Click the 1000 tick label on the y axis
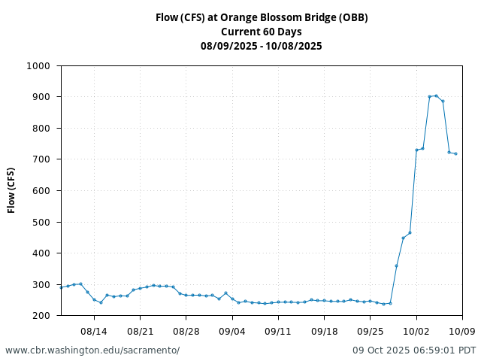(x=38, y=65)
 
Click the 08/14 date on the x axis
(x=94, y=331)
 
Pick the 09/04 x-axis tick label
(x=232, y=331)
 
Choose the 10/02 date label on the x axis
(x=416, y=331)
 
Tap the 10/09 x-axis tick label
(x=462, y=331)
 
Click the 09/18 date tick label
(x=324, y=331)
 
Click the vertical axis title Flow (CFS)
(x=12, y=190)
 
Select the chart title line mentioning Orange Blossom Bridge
(x=262, y=17)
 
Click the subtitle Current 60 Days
(x=262, y=32)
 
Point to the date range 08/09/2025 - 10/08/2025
(x=262, y=46)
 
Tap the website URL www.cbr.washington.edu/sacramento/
(x=92, y=350)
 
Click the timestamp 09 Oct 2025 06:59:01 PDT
(x=414, y=350)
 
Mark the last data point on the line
(x=455, y=153)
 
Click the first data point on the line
(x=62, y=287)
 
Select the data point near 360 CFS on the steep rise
(x=396, y=265)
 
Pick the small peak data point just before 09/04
(x=225, y=293)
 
